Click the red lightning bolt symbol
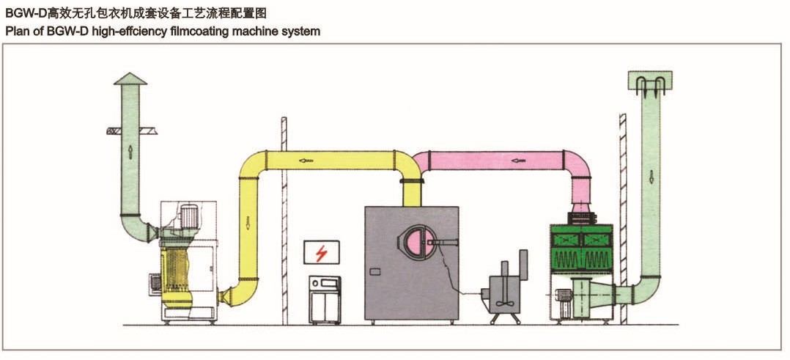coord(320,254)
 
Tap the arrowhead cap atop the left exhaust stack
coord(130,78)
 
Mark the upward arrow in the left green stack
coord(130,151)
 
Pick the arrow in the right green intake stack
coord(651,177)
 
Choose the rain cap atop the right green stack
coord(651,83)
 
